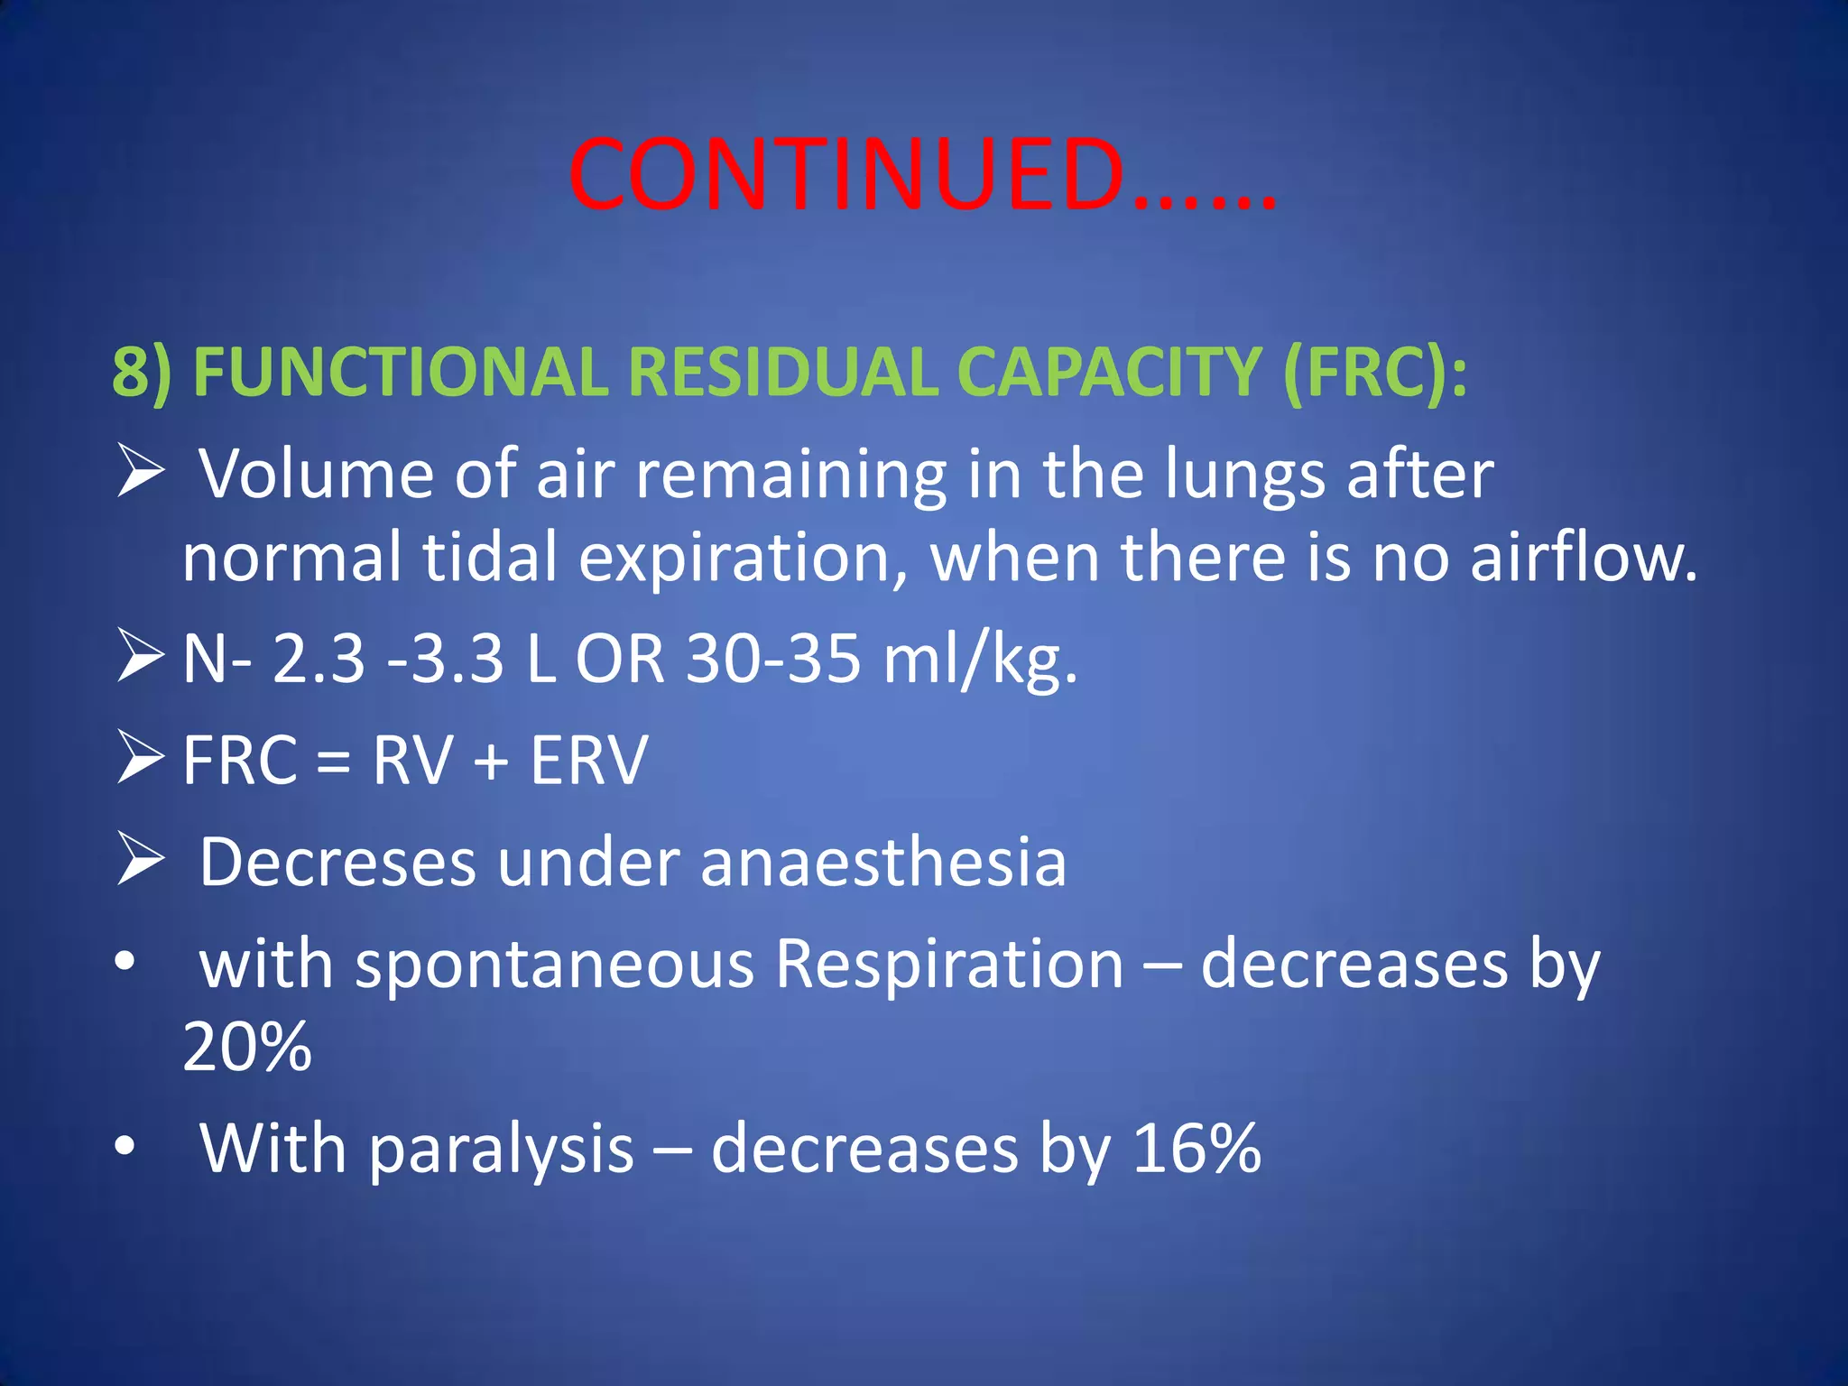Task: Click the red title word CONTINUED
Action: [x=848, y=176]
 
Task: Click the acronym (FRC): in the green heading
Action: [x=1374, y=372]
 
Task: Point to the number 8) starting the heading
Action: [x=142, y=372]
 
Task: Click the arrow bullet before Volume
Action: [x=140, y=473]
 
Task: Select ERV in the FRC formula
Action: [x=588, y=761]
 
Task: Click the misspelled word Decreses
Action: [x=337, y=863]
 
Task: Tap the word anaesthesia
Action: [x=883, y=863]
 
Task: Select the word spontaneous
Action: [x=555, y=965]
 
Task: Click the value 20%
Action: [x=247, y=1047]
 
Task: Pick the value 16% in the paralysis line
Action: [x=1197, y=1149]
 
